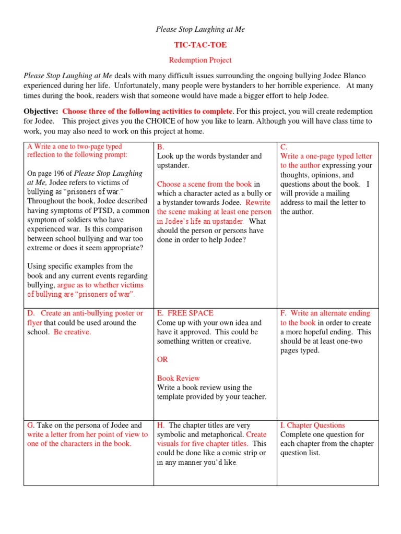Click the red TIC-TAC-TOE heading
[x=200, y=45]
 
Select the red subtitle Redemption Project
[x=200, y=60]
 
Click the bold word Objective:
[x=41, y=111]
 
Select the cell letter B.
[x=160, y=147]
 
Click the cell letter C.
[x=284, y=147]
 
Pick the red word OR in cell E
[x=162, y=360]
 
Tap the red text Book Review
[x=178, y=378]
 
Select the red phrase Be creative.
[x=72, y=332]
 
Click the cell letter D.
[x=31, y=313]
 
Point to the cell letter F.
[x=284, y=313]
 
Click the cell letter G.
[x=31, y=425]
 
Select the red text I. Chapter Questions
[x=312, y=425]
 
